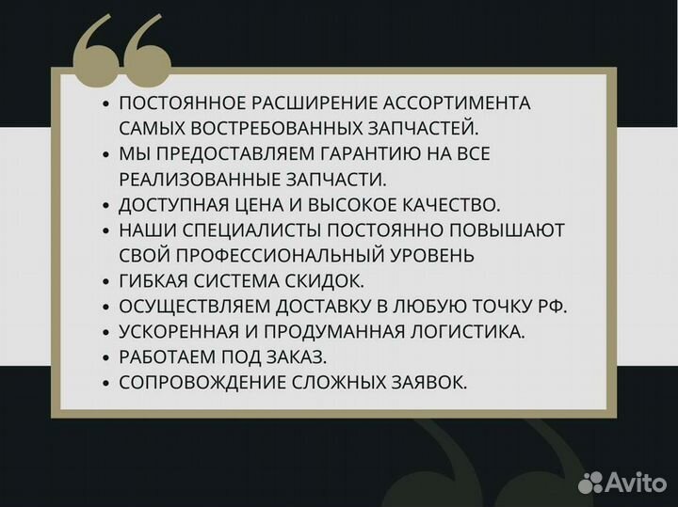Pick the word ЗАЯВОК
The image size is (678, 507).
point(432,382)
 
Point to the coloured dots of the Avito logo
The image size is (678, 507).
point(590,482)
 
